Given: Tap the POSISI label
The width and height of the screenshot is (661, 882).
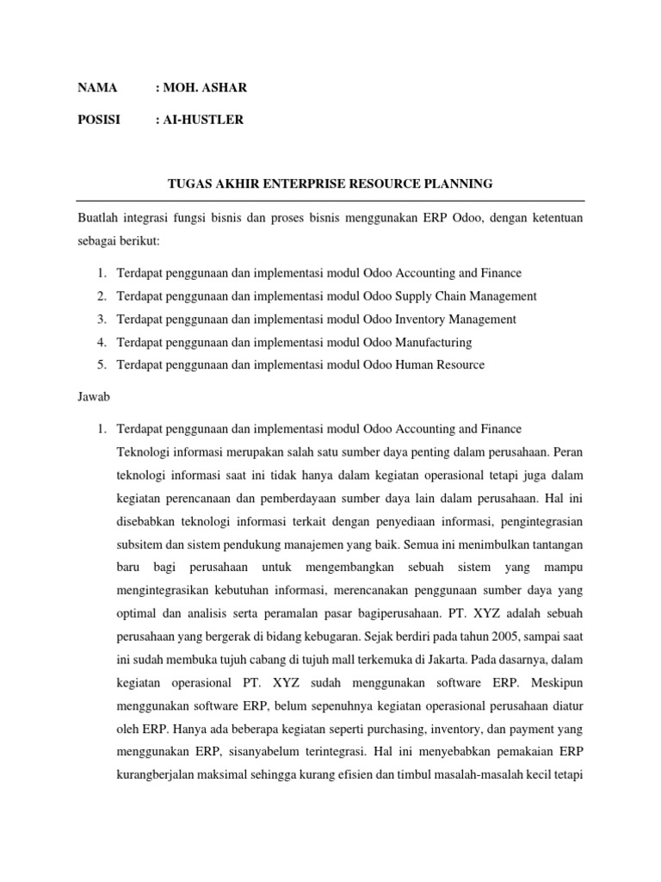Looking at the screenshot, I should coord(99,120).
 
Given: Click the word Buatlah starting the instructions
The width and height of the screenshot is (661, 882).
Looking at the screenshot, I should coord(98,219).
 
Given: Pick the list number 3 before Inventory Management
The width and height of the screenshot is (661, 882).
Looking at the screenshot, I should coord(101,320).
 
